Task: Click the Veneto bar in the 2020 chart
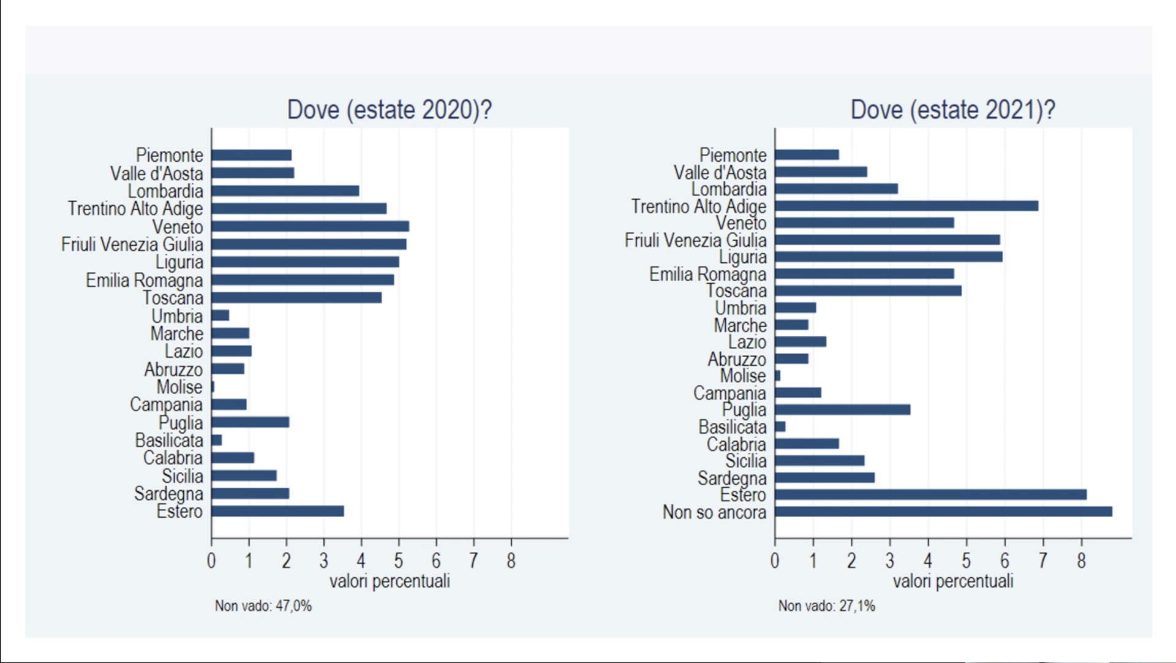(310, 227)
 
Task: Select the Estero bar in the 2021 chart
(931, 494)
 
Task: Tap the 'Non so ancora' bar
(944, 512)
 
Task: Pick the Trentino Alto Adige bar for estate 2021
(907, 206)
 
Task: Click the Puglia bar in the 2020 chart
(250, 422)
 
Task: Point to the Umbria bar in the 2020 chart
(220, 316)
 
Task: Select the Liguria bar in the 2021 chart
(889, 257)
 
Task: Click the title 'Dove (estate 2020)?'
(390, 110)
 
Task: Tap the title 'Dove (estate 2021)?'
(953, 110)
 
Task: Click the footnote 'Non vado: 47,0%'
(263, 606)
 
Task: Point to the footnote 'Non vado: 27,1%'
(827, 606)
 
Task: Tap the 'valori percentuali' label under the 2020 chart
(390, 581)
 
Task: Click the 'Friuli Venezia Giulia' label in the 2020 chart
(132, 244)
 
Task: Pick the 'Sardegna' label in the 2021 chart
(732, 478)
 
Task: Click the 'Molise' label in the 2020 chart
(179, 387)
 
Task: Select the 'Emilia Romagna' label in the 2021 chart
(708, 274)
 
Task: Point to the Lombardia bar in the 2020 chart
(285, 191)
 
